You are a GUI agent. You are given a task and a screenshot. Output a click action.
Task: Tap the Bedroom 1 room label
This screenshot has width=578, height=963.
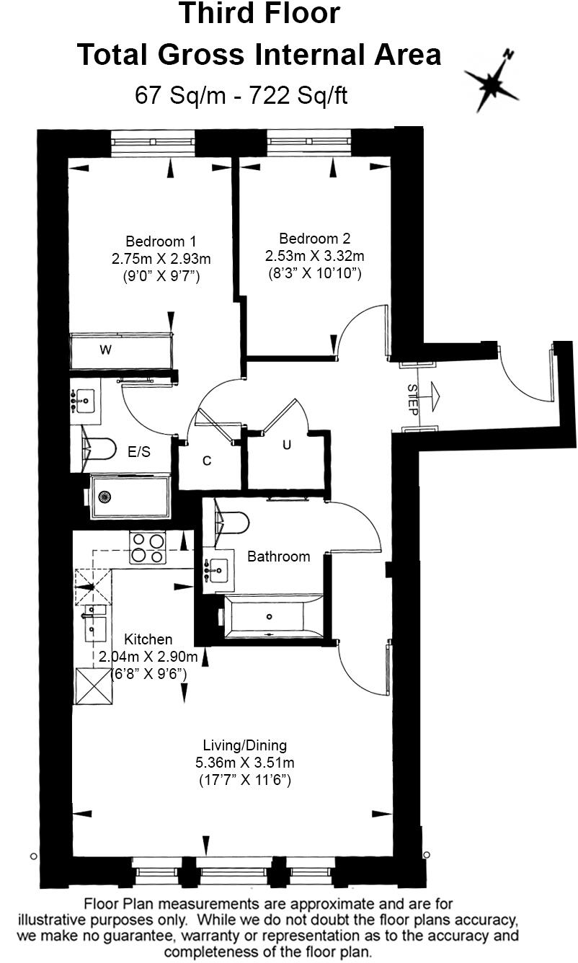pyautogui.click(x=161, y=241)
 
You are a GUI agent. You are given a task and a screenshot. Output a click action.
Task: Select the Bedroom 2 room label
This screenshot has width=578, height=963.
pyautogui.click(x=314, y=239)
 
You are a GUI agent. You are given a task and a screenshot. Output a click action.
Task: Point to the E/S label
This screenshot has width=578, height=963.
pyautogui.click(x=139, y=452)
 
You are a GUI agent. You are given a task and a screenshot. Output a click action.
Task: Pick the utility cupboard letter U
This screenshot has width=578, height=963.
pyautogui.click(x=287, y=445)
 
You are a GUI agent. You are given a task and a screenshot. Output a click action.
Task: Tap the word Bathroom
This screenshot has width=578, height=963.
pyautogui.click(x=279, y=556)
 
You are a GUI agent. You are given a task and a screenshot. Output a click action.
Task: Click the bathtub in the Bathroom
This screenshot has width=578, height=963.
pyautogui.click(x=272, y=616)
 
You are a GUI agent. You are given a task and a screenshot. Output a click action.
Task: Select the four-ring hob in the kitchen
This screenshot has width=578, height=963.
pyautogui.click(x=147, y=547)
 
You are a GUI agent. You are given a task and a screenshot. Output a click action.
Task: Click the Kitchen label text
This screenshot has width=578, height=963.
pyautogui.click(x=148, y=639)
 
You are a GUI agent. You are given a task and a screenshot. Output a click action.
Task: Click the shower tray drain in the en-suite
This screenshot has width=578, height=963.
pyautogui.click(x=105, y=496)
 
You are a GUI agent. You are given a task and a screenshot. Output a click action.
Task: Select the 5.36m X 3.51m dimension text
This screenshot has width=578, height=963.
pyautogui.click(x=244, y=763)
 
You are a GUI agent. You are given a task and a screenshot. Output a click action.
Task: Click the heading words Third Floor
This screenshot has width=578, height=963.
pyautogui.click(x=259, y=14)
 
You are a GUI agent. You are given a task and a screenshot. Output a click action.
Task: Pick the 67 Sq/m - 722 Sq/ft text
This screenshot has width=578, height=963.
pyautogui.click(x=241, y=95)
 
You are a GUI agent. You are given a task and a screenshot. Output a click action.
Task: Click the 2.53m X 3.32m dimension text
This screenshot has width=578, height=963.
pyautogui.click(x=314, y=256)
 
